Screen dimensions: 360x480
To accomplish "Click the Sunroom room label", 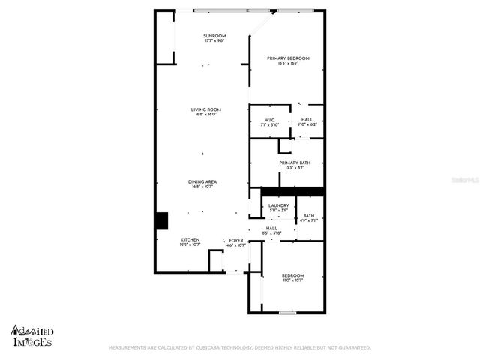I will click(214, 36).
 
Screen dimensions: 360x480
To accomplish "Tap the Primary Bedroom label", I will click(288, 58).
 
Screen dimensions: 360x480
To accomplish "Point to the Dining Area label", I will click(202, 181).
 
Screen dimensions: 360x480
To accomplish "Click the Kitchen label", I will click(189, 239).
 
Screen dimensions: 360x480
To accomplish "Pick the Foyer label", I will click(236, 240).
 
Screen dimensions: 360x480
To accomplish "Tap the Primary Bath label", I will click(294, 163).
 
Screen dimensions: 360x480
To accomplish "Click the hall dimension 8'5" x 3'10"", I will click(271, 234).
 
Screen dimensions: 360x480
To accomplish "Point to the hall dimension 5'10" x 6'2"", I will click(307, 124).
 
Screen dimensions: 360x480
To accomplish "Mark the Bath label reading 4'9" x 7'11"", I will click(309, 221).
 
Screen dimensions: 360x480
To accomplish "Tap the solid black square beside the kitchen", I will click(161, 221).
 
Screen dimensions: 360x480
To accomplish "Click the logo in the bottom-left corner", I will click(31, 335).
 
